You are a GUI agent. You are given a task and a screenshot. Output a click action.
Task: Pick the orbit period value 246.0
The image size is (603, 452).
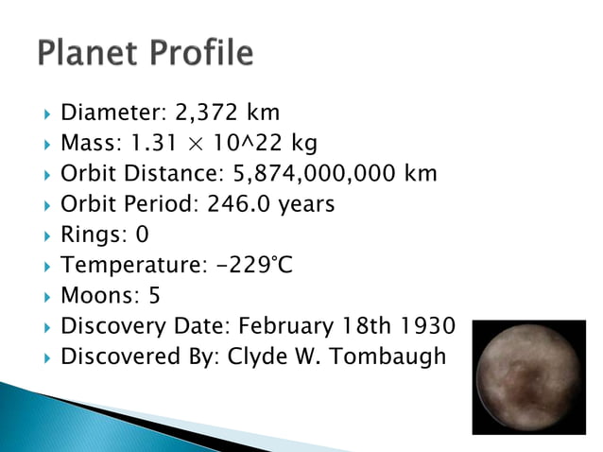232,204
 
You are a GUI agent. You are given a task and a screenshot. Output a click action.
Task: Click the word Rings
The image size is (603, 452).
90,235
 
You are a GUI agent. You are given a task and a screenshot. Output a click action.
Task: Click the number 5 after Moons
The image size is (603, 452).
154,296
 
